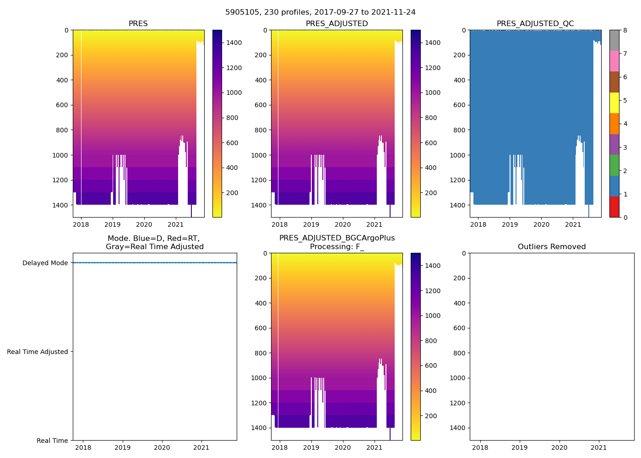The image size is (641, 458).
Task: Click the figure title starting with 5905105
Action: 320,12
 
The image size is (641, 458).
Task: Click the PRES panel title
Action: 138,24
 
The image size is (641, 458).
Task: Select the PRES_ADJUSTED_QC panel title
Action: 535,24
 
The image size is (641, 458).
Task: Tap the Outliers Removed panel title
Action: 552,247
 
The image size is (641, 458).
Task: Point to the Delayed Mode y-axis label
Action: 45,263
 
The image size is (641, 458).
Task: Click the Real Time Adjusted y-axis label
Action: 38,352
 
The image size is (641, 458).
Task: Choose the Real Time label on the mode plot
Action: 52,441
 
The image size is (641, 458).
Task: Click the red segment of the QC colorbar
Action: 614,207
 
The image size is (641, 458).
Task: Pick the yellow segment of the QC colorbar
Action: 614,103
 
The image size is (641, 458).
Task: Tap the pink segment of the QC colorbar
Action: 614,61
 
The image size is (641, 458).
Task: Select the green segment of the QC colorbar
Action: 614,165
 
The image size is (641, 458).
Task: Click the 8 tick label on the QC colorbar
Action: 625,30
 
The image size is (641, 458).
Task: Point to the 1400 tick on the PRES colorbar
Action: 234,43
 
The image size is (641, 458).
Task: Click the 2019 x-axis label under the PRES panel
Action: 112,224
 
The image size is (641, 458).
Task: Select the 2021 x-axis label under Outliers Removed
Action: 598,447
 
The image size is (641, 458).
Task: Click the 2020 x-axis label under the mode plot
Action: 162,447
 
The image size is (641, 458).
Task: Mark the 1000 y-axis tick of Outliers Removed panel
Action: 457,378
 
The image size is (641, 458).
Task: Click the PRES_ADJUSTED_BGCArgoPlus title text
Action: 337,238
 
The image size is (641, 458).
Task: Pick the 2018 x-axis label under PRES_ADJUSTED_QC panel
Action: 478,224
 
